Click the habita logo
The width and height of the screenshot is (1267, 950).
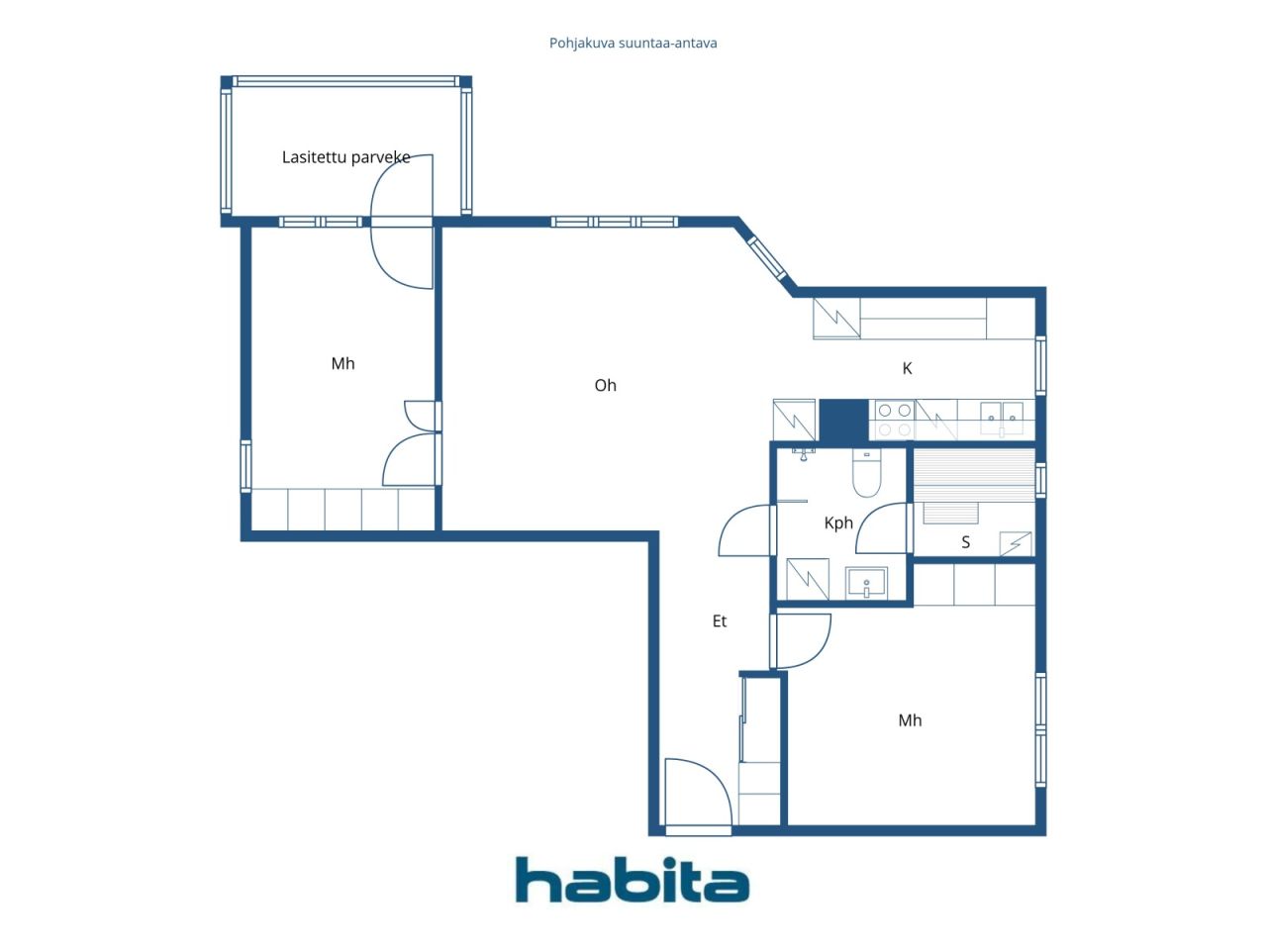point(633,880)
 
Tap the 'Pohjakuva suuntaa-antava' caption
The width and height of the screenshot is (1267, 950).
point(633,44)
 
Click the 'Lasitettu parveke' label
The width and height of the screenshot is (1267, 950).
point(345,157)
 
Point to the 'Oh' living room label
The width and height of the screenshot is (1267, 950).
point(605,385)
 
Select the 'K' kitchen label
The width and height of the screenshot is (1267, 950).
point(907,368)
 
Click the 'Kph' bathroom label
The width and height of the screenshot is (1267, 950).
point(838,523)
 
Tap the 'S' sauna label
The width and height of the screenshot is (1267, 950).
point(965,542)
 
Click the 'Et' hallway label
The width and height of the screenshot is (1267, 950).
point(719,621)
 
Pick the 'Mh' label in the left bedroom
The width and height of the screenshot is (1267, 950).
point(342,363)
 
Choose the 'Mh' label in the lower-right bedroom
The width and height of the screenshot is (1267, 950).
point(910,720)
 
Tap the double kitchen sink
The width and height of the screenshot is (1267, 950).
point(1002,419)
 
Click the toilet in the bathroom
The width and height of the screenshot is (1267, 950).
point(866,473)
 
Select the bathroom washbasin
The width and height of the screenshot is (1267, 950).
point(866,583)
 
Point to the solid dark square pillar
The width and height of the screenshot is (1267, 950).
point(843,422)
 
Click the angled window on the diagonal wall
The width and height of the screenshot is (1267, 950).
point(767,259)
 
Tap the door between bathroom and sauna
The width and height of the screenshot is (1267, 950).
point(881,527)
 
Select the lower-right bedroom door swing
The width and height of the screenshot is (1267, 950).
point(803,641)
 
